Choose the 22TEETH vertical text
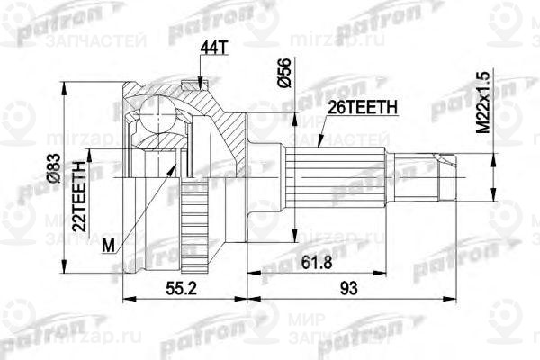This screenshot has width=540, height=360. (x=79, y=197)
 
